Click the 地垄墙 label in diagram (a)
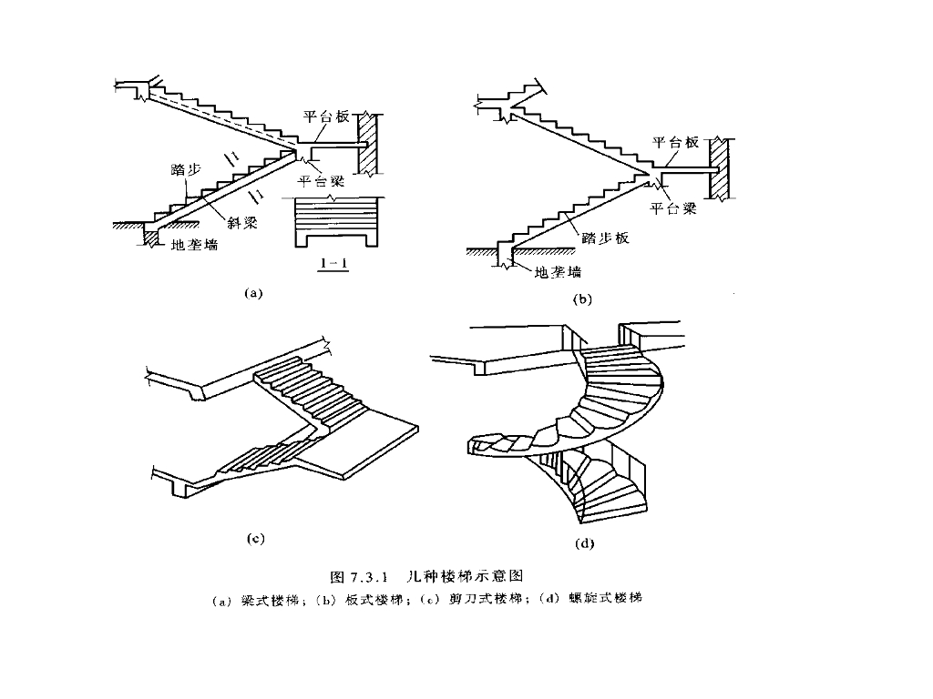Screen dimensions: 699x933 click(195, 244)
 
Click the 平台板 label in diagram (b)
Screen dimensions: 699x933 click(674, 142)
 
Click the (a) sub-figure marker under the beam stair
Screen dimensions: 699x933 click(253, 293)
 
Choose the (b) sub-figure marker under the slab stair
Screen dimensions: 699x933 click(581, 299)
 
